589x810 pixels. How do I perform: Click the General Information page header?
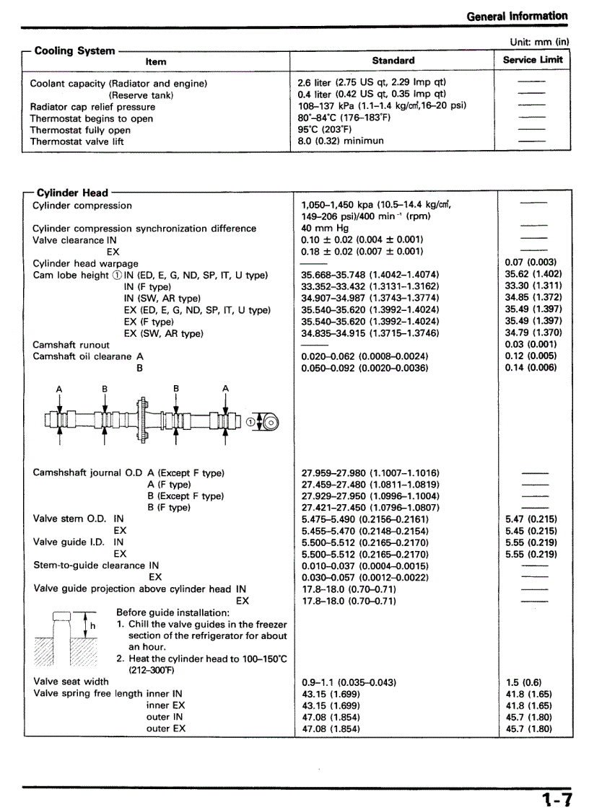point(517,15)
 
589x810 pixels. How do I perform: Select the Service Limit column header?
point(533,60)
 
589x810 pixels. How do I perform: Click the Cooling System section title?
point(74,50)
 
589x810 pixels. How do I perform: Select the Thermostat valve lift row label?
point(77,141)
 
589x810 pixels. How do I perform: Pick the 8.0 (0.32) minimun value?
point(341,141)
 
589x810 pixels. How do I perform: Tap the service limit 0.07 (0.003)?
point(531,263)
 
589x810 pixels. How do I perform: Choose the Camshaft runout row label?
point(71,345)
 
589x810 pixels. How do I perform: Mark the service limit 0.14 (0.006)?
point(531,368)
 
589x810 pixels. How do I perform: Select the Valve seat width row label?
point(71,682)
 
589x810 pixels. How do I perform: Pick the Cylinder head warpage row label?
point(85,263)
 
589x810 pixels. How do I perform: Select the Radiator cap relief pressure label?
point(92,107)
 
